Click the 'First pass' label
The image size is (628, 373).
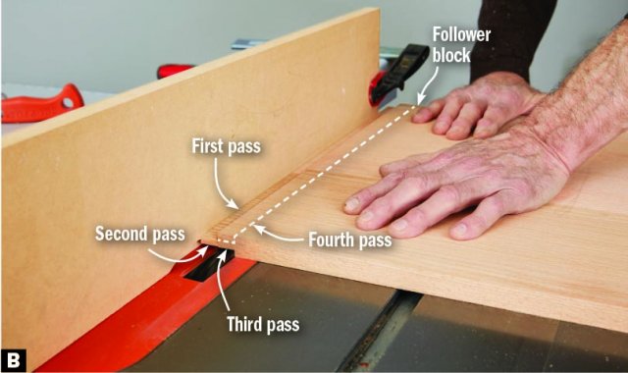pos(227,146)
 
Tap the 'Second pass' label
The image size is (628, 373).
pos(140,234)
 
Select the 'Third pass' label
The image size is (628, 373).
pos(263,324)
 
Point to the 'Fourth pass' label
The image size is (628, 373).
pos(350,240)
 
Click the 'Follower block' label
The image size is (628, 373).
pos(461,45)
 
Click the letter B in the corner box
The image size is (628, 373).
pos(13,360)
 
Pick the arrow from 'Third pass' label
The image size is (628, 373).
pos(223,281)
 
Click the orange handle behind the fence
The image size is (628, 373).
pos(40,102)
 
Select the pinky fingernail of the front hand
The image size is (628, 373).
pos(460,230)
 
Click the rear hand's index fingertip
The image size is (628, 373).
pos(421,116)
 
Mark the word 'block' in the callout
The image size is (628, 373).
pos(451,55)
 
